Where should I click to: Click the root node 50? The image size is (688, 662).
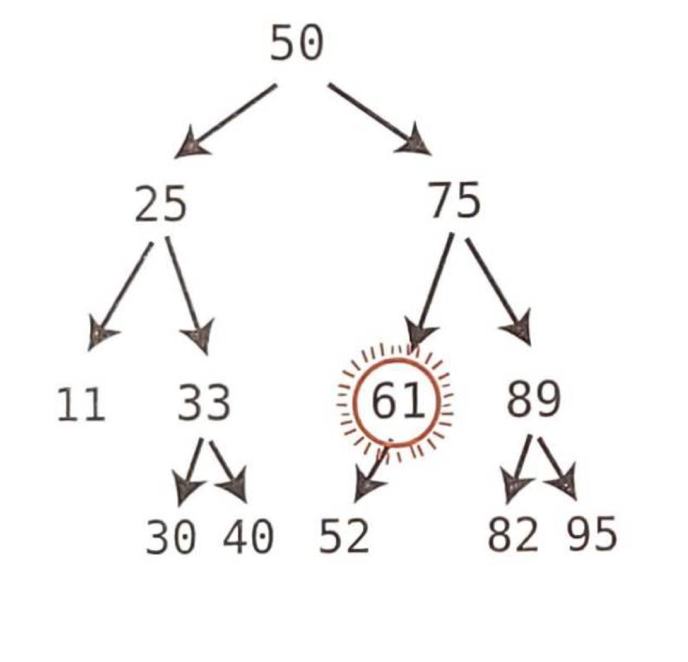(x=297, y=44)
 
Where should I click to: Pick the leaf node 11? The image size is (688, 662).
(x=81, y=404)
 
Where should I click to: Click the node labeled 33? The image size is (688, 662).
(x=204, y=403)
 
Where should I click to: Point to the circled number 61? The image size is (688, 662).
(x=396, y=401)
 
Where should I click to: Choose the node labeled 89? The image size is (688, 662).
(x=534, y=400)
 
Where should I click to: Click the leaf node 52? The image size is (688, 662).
(x=344, y=536)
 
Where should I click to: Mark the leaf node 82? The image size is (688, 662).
(x=513, y=535)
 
